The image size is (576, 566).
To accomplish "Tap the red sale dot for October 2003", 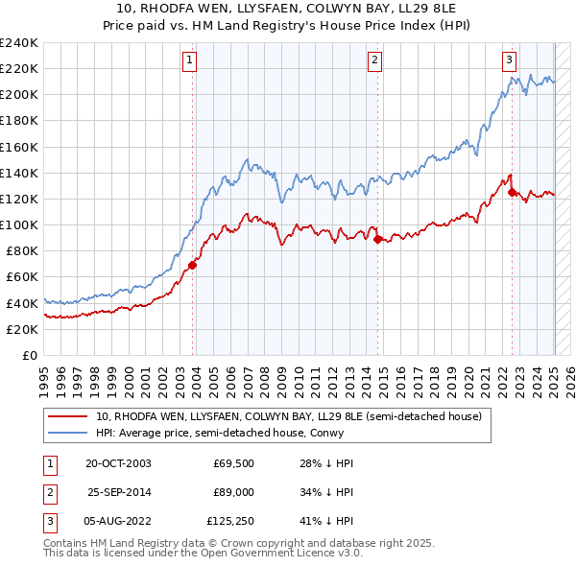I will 193,265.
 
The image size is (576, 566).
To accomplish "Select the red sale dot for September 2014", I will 377,239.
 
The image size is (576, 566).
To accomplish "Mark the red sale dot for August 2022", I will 512,192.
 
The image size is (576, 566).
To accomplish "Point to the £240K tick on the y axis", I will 19,43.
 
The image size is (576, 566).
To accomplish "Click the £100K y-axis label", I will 19,224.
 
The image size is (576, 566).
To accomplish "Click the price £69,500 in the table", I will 232,463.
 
